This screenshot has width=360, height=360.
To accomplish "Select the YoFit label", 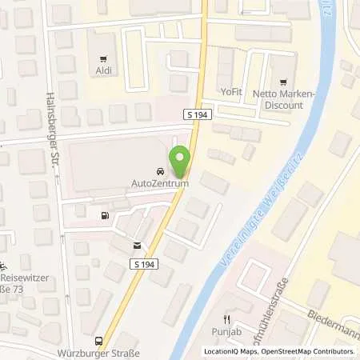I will [233, 90].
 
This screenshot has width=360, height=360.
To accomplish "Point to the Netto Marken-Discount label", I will [282, 99].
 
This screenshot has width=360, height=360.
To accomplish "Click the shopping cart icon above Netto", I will [282, 82].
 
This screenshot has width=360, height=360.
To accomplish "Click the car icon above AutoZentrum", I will [160, 171].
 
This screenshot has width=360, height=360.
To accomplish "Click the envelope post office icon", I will [137, 245].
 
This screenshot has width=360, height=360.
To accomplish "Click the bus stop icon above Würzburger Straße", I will [98, 340].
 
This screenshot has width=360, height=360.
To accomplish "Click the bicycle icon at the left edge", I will [5, 267].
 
